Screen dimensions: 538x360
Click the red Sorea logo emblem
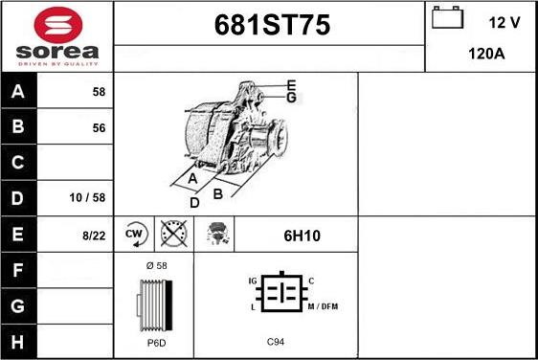point(58,25)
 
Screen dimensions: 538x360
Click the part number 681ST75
point(272,25)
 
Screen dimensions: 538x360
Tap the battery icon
point(447,17)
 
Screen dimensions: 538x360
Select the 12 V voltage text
point(504,23)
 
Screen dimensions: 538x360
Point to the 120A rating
point(486,54)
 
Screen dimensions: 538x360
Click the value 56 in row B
point(99,128)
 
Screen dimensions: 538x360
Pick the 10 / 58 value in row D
point(87,197)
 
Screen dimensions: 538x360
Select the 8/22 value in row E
point(94,236)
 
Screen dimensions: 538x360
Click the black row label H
point(18,342)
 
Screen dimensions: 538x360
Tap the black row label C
point(18,162)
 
